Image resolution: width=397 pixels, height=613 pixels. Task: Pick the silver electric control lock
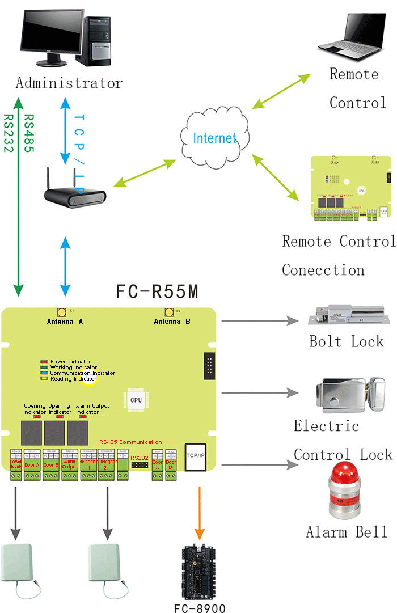coord(345,394)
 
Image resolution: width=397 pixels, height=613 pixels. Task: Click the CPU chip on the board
coord(136,399)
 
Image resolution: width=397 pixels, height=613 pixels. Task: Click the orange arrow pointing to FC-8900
coord(198,514)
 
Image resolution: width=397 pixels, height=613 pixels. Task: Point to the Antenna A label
coord(65,322)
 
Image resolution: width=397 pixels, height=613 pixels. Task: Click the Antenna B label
coord(172,322)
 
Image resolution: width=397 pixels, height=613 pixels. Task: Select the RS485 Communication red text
coord(130,442)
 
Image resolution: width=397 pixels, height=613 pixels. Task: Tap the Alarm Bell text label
coord(347,532)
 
